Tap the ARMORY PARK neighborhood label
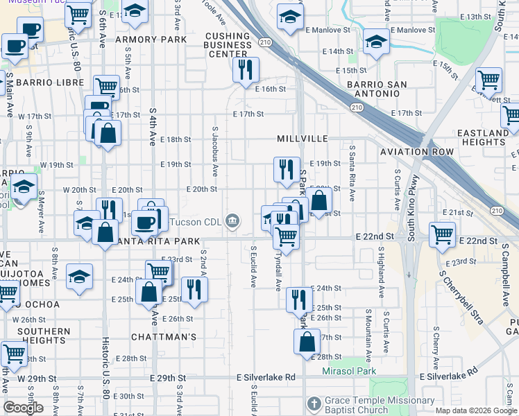[151, 40]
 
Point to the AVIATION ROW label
[416, 152]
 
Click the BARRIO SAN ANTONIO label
[381, 89]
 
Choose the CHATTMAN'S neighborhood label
[164, 337]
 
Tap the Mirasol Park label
[349, 372]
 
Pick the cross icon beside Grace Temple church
[314, 403]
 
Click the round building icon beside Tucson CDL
[232, 221]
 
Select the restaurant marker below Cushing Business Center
[246, 69]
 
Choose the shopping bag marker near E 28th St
[307, 341]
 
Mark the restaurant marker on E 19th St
[286, 168]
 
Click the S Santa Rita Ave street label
[352, 173]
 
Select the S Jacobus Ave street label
[216, 150]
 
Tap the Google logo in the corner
[24, 407]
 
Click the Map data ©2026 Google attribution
[476, 410]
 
